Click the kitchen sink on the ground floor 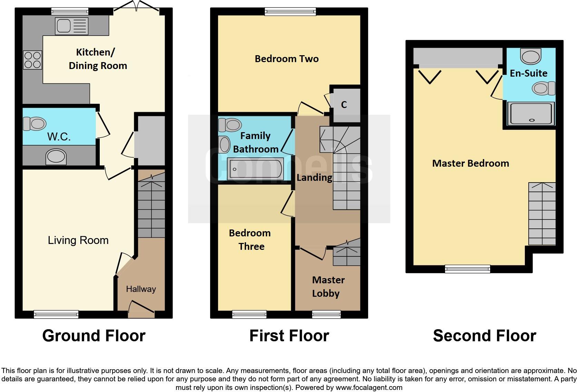point(71,26)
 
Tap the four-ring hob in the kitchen point(33,60)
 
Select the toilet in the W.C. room point(35,124)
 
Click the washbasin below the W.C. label point(56,157)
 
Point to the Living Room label point(78,240)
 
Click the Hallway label point(141,289)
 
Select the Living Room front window point(56,314)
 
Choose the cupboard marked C point(344,105)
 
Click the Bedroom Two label point(286,59)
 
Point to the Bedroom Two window point(290,12)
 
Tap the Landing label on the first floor point(314,178)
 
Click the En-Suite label point(528,73)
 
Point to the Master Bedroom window point(467,268)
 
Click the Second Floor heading point(484,336)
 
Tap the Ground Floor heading point(94,336)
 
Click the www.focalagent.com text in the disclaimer point(369,388)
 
